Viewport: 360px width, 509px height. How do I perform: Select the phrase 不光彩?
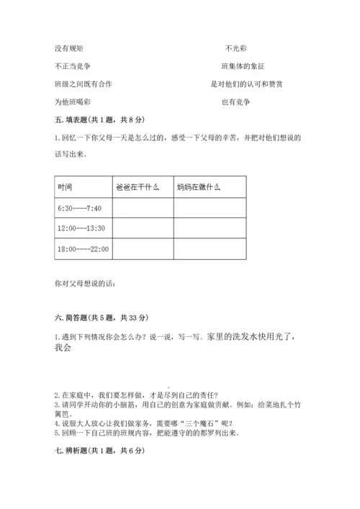[x=235, y=48]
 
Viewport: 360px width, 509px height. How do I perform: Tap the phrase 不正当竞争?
[x=73, y=66]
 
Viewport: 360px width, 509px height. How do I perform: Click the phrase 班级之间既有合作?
[x=83, y=84]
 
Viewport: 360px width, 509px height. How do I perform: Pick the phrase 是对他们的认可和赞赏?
[x=246, y=84]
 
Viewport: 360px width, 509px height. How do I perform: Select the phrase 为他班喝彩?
[x=73, y=102]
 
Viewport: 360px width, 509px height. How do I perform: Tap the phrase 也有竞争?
[x=236, y=102]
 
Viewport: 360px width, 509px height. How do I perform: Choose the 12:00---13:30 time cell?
[x=81, y=228]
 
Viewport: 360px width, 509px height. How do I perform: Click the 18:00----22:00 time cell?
[x=83, y=249]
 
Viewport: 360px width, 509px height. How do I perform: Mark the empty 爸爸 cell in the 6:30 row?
[x=143, y=208]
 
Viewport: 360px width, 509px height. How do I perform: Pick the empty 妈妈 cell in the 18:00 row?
[x=209, y=249]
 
